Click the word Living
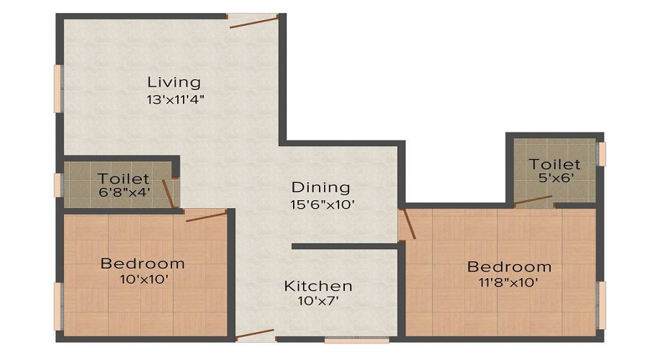(x=174, y=81)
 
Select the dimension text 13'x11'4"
(x=174, y=100)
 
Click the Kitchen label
(x=318, y=286)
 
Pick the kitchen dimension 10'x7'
(x=318, y=302)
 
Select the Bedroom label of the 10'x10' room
(x=143, y=263)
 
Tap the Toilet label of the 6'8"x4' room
(x=124, y=178)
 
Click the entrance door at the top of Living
(x=254, y=22)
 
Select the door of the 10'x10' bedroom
(x=207, y=216)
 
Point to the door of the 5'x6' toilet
(x=534, y=200)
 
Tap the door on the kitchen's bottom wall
(x=255, y=334)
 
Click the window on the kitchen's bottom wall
(x=356, y=339)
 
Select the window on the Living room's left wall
(x=58, y=89)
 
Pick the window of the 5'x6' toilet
(x=602, y=153)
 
